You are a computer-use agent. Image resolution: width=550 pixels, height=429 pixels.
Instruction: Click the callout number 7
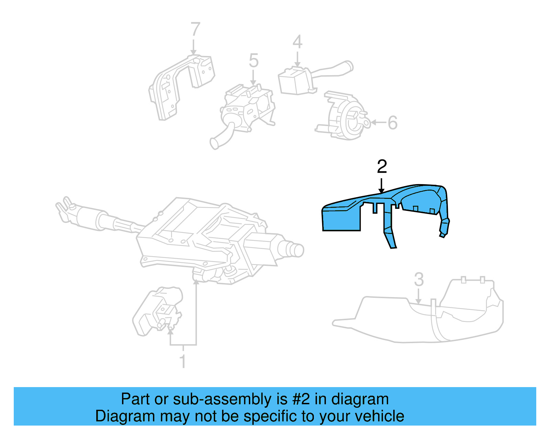coord(195,30)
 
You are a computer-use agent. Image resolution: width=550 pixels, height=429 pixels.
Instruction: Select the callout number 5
coord(254,61)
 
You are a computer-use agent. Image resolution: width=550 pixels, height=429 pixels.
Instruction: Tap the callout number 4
coord(297,42)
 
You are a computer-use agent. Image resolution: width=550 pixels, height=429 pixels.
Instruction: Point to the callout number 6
coord(393,123)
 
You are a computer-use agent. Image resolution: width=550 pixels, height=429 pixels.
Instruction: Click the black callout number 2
coord(382,167)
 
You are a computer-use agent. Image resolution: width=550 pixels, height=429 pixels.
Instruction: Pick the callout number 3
coord(419,280)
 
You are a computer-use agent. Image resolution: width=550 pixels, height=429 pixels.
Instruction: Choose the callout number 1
coord(183,361)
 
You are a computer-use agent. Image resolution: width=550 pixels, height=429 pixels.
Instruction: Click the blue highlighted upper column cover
coord(344,216)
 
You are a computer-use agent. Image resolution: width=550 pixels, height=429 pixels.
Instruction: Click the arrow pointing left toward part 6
coord(378,122)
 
